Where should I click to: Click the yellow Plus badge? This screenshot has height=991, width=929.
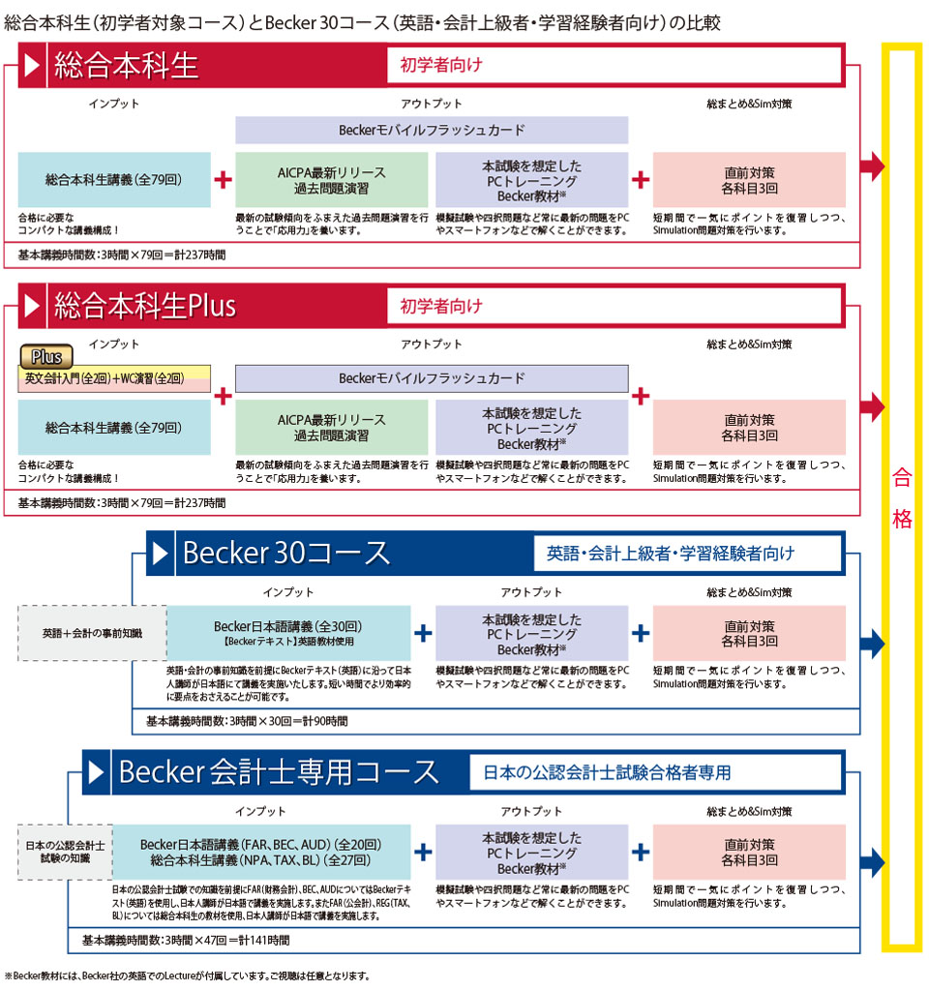pos(46,356)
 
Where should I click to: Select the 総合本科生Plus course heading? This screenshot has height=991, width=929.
pos(145,307)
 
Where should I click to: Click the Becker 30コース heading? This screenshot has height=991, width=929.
pos(285,553)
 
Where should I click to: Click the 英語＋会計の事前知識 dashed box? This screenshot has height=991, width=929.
pos(92,633)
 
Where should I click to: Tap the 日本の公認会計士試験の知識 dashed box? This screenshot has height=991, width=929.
pos(67,852)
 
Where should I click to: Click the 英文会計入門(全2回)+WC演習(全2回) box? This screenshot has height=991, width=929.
pos(114,378)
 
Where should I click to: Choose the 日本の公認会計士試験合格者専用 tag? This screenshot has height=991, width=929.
pos(607,772)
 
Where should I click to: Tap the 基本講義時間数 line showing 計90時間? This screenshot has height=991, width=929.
pos(247,721)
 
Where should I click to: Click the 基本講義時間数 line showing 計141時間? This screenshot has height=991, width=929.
pos(185,940)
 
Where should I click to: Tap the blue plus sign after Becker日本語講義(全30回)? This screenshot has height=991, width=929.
pos(423,633)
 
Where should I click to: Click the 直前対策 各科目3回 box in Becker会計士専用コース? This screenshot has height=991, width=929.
pos(749,852)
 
